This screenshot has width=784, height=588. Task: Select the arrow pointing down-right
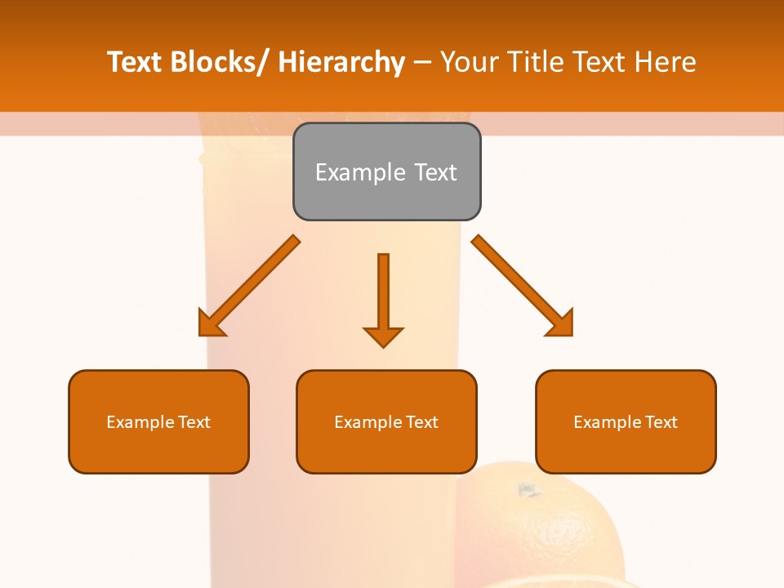tap(523, 287)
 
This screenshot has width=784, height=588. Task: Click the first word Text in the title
tap(135, 62)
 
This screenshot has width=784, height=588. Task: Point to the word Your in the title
tap(467, 62)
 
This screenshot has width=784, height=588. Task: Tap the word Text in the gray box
tap(434, 172)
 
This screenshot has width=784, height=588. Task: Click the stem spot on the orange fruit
tap(528, 490)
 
